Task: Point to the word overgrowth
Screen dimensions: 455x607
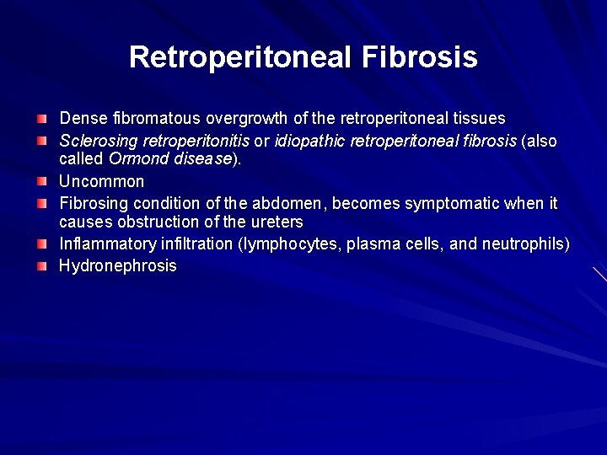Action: (x=244, y=118)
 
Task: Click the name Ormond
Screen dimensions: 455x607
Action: (x=139, y=160)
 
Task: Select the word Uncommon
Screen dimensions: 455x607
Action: (x=101, y=181)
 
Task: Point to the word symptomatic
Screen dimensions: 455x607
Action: (x=475, y=203)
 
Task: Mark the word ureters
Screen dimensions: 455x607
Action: (x=275, y=223)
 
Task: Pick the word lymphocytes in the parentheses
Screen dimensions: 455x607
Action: (x=295, y=244)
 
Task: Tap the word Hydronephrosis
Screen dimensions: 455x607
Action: (x=117, y=265)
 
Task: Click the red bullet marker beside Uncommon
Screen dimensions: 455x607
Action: (x=41, y=181)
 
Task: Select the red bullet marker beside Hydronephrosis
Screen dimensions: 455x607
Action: (x=41, y=266)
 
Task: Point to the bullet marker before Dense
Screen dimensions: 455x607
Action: (x=41, y=118)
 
